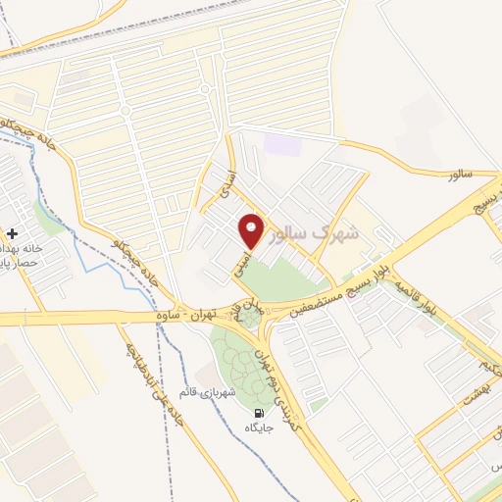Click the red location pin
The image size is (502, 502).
coord(253,230)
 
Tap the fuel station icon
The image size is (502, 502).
coord(258,413)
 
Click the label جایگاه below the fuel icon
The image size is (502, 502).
coord(258,428)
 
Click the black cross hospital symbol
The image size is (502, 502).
coord(11,233)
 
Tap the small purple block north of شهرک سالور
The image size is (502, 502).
coord(282,144)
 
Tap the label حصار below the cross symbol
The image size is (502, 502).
coord(18,265)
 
